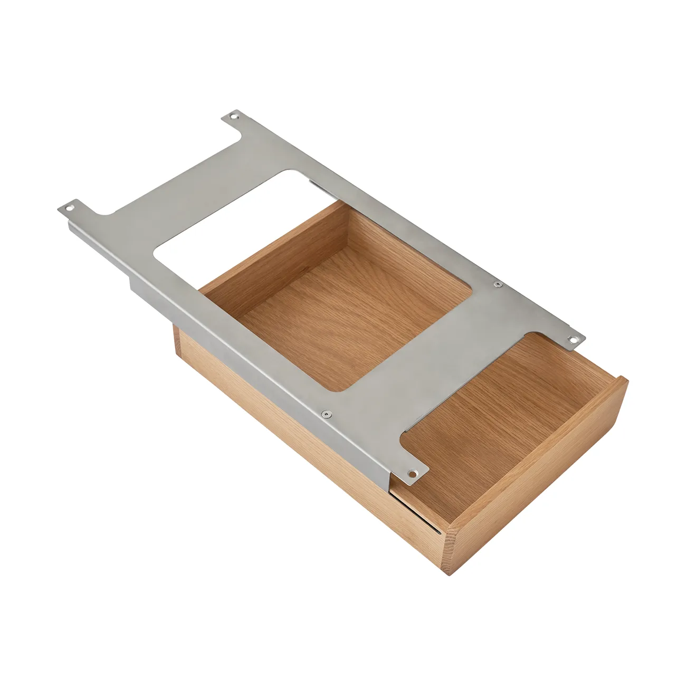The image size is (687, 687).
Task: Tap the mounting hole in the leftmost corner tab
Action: click(67, 208)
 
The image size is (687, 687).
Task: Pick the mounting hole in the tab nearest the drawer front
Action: click(414, 472)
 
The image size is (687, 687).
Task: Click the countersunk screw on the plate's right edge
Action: click(497, 284)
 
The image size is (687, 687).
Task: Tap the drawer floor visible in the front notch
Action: click(496, 417)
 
